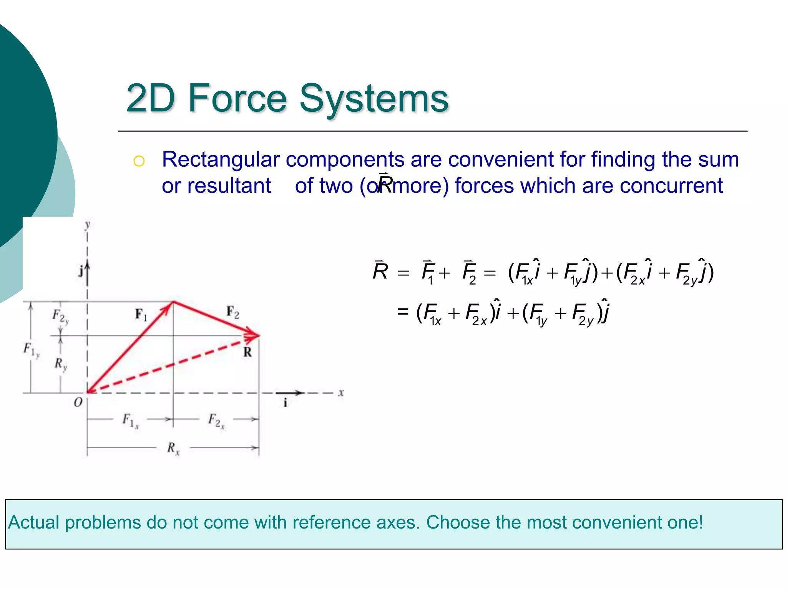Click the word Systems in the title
(x=374, y=99)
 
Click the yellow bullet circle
(x=139, y=161)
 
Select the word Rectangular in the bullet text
(x=221, y=159)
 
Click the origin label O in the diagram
(x=78, y=402)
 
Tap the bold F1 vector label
(x=141, y=315)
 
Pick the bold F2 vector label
(x=233, y=312)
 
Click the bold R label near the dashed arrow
(x=247, y=352)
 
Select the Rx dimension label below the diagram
(x=173, y=448)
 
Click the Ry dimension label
(x=61, y=364)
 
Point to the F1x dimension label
(x=130, y=420)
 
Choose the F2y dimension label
(x=60, y=317)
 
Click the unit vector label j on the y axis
(x=81, y=271)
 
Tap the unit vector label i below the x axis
(x=285, y=403)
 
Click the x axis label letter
(x=341, y=393)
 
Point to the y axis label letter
(x=88, y=224)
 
